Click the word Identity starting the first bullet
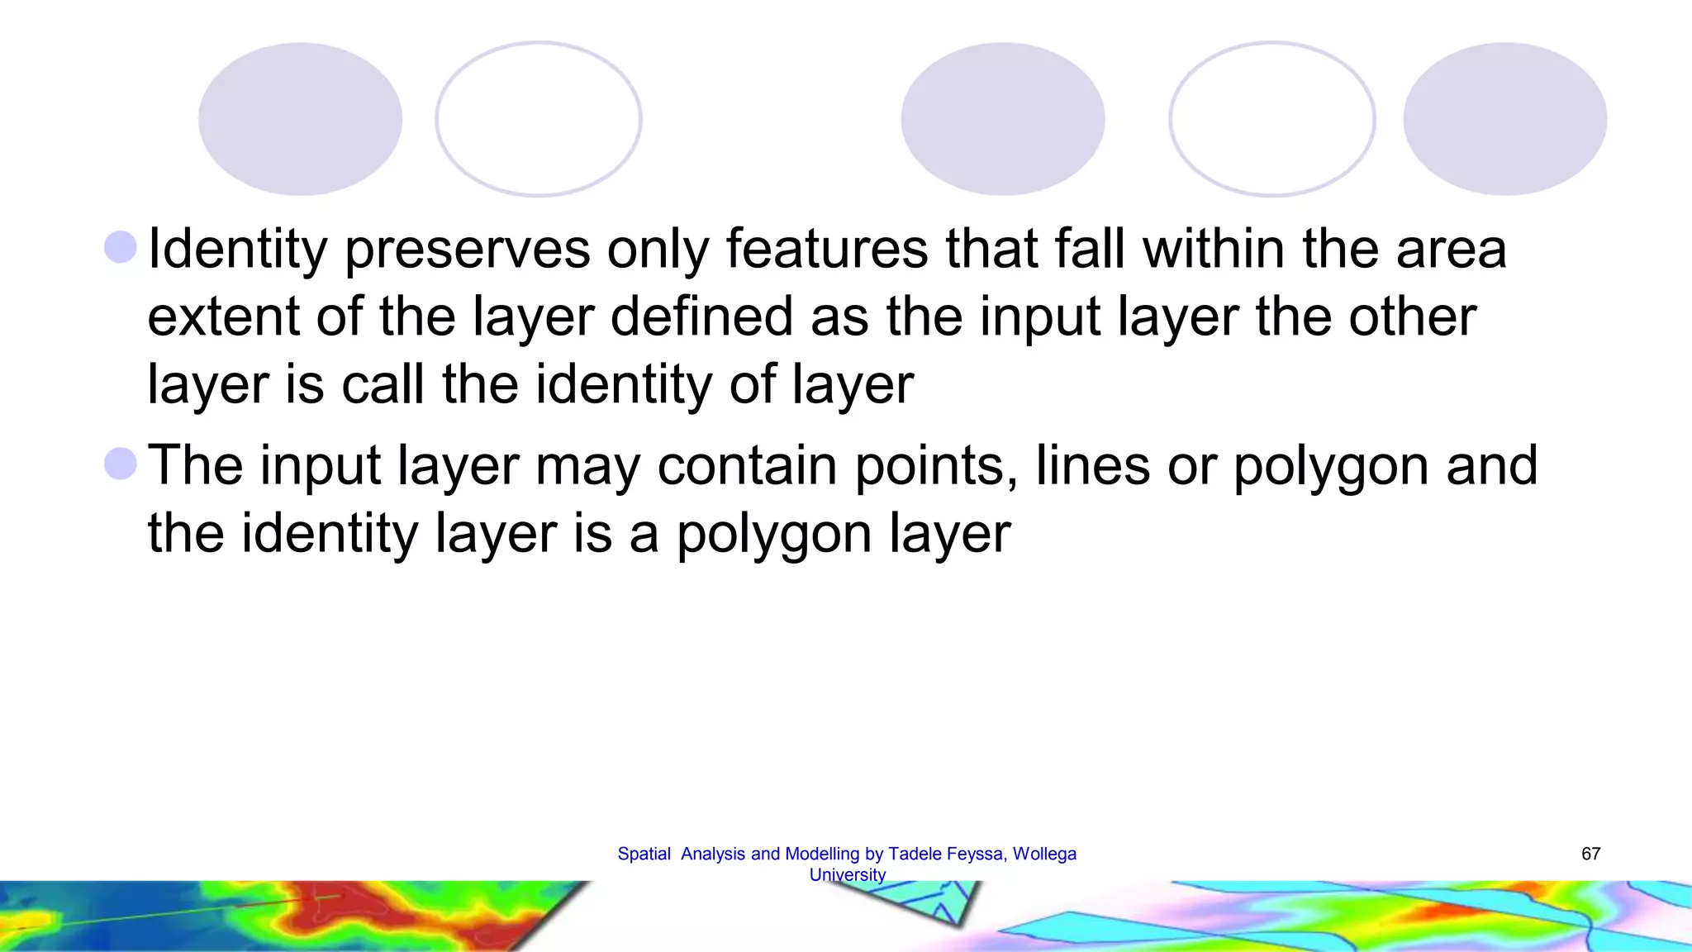click(x=237, y=250)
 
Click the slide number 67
click(x=1590, y=854)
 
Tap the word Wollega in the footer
click(x=1044, y=854)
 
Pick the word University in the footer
click(x=848, y=874)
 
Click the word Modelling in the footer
click(x=822, y=854)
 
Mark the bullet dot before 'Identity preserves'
click(x=121, y=247)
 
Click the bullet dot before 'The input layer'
click(x=121, y=464)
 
